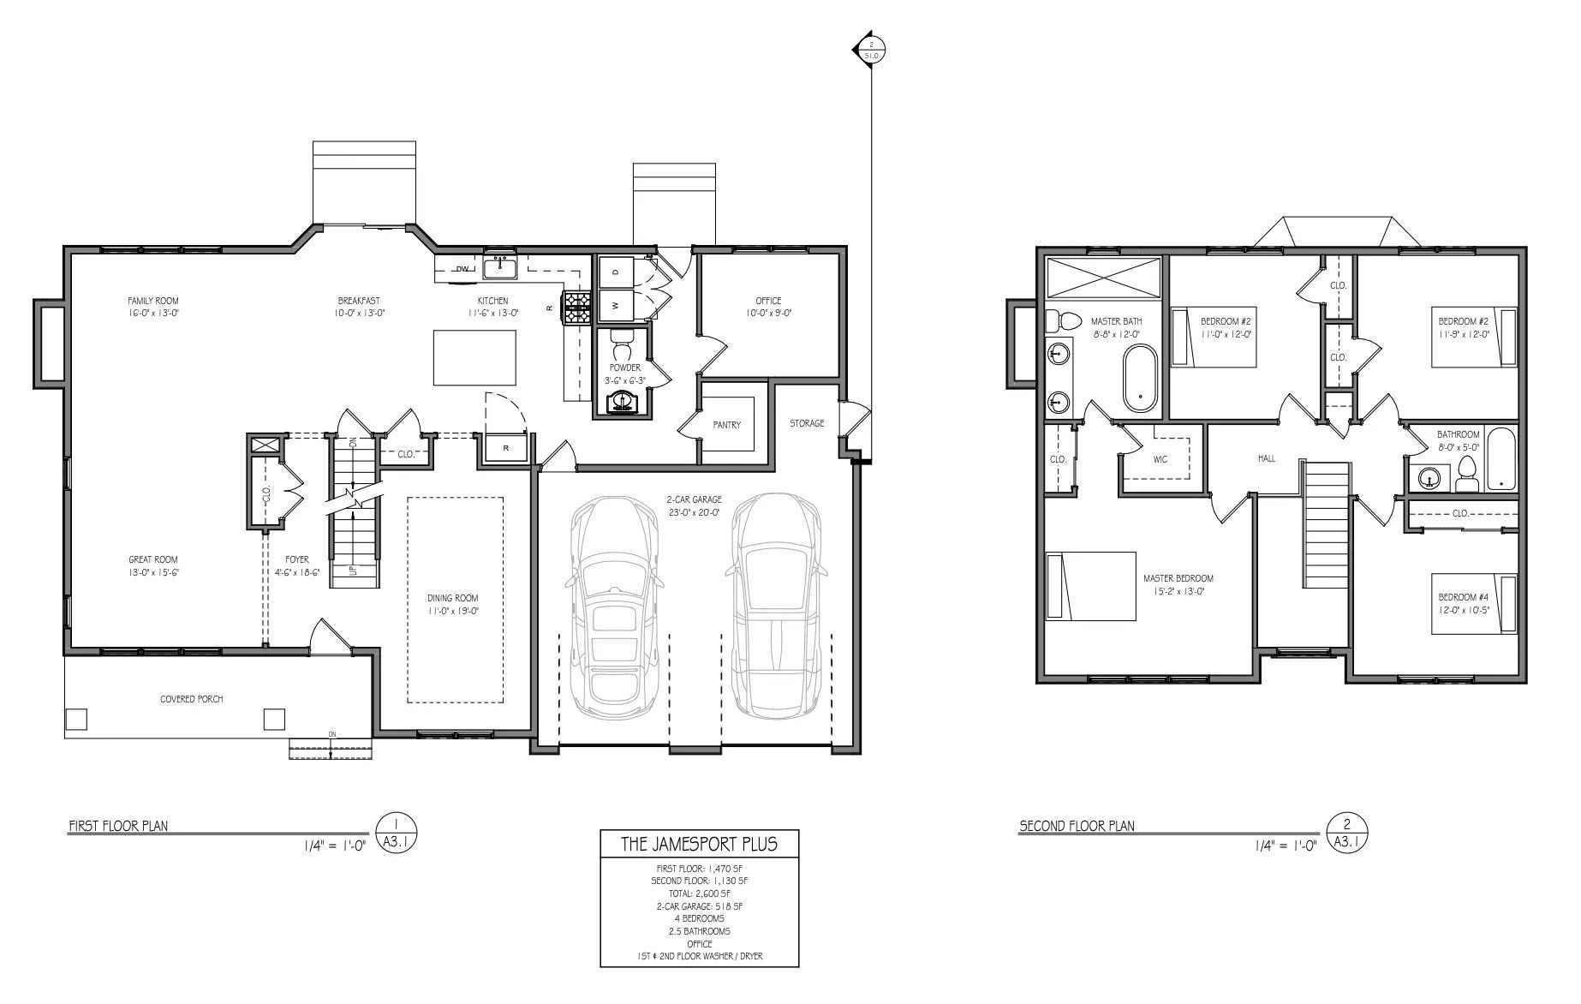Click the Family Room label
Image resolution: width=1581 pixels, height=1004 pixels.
[153, 301]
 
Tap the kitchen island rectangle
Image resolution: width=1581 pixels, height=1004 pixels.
[474, 358]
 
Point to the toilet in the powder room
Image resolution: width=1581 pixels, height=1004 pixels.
[622, 345]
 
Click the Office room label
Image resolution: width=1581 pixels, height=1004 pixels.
[768, 301]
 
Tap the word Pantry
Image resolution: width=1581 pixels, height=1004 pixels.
[726, 425]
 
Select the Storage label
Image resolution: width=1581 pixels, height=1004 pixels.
[807, 423]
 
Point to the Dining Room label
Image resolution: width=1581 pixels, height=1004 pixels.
[453, 598]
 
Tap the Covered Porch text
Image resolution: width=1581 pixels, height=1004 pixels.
[192, 699]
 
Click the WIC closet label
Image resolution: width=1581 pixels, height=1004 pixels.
[1160, 459]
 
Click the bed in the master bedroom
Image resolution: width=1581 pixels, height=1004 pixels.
[1090, 586]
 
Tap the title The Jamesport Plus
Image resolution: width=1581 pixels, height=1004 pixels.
[699, 844]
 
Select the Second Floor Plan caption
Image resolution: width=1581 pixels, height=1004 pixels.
[1077, 827]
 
